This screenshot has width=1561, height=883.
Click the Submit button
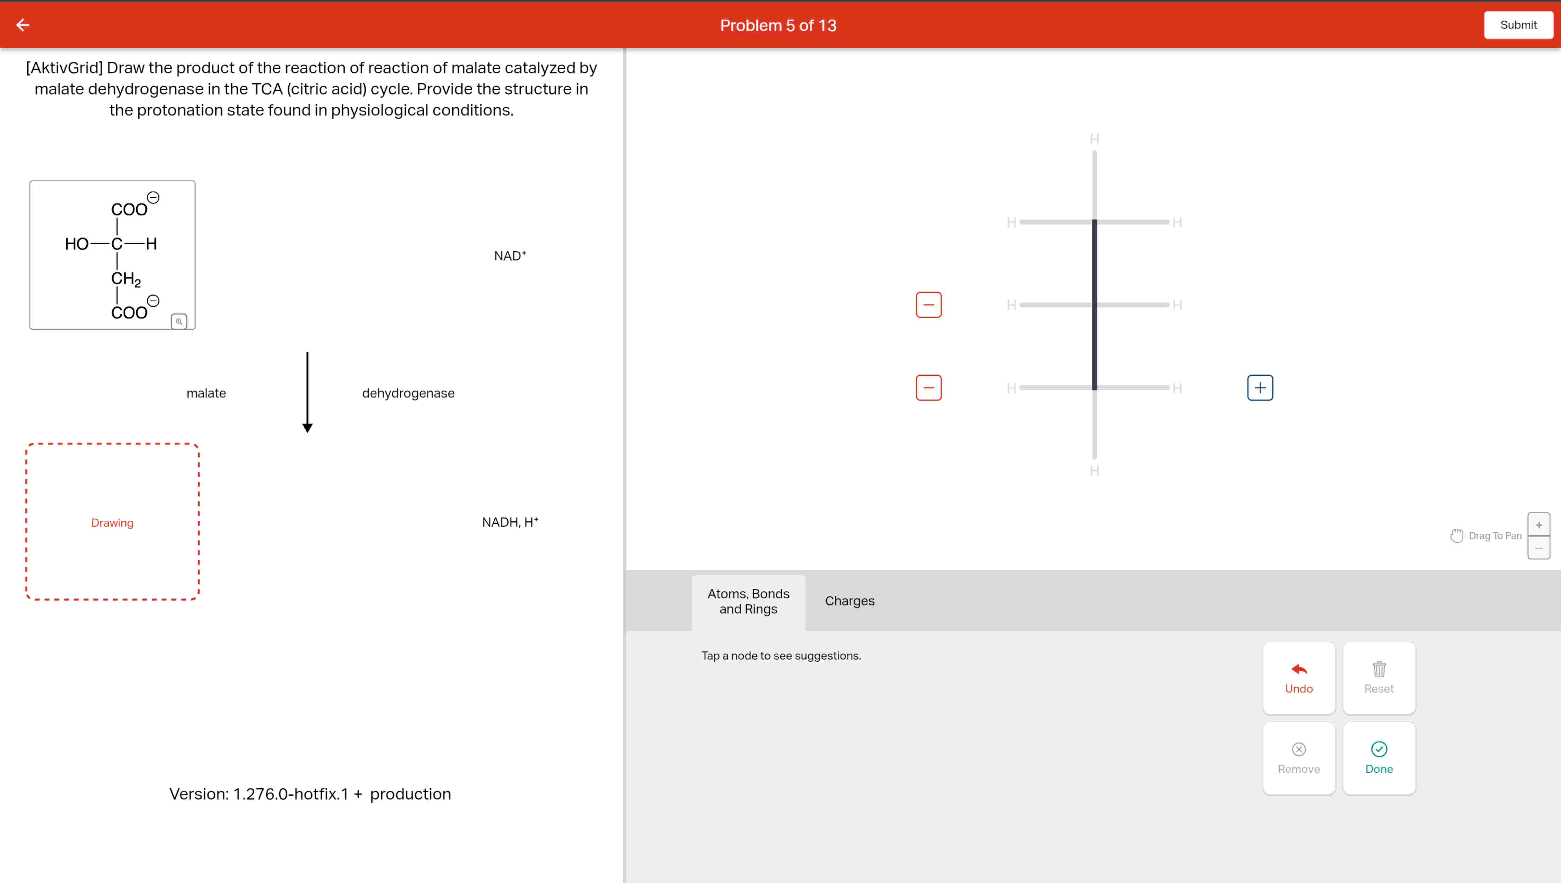point(1518,25)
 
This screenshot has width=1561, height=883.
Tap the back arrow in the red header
point(23,25)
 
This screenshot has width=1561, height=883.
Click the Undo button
point(1299,678)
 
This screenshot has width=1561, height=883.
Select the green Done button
point(1379,758)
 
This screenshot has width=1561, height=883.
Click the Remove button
point(1299,758)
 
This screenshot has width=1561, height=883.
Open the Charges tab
point(850,601)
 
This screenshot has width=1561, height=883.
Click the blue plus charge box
point(1260,388)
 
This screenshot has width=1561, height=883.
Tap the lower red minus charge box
point(928,388)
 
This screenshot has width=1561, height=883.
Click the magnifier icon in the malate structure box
point(179,321)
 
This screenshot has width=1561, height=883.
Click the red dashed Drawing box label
point(112,523)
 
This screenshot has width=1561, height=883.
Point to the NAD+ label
point(509,256)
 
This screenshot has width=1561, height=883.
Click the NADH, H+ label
point(509,522)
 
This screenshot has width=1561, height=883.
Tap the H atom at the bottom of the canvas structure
point(1094,471)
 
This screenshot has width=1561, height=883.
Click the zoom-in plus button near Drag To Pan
point(1539,524)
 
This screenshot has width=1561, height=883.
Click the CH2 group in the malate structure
point(125,279)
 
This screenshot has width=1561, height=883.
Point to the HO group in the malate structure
point(77,244)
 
